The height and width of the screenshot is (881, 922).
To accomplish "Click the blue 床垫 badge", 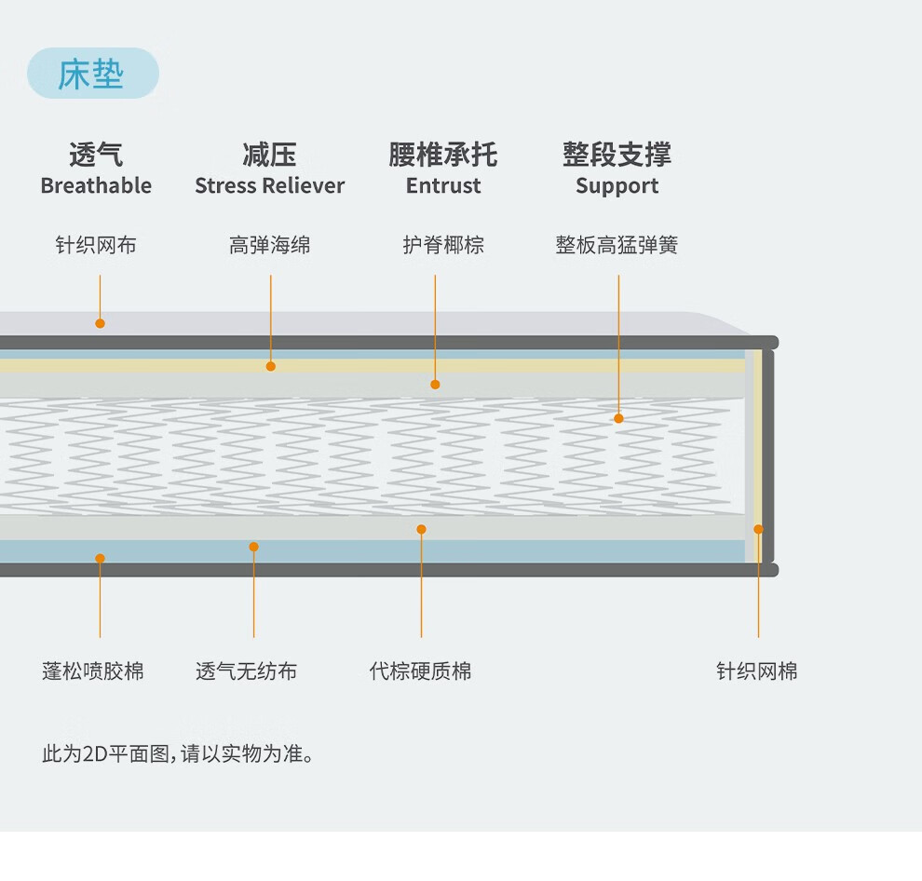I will (x=92, y=74).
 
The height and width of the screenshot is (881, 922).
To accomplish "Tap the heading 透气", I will (x=96, y=155).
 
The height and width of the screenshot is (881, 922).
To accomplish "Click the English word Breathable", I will (x=96, y=185).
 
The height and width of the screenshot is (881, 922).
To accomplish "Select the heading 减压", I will (x=269, y=155).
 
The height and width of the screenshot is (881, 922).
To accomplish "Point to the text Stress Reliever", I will (x=269, y=185).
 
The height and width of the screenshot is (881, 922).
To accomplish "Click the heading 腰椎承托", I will (x=443, y=155).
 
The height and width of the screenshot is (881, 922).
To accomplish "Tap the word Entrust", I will (x=443, y=185).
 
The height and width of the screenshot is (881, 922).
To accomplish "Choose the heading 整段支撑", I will (x=617, y=155).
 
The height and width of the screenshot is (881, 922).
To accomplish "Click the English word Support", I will (x=617, y=185).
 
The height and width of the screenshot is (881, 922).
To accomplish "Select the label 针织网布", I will (x=96, y=245).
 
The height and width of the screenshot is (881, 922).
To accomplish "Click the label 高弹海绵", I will (x=269, y=245).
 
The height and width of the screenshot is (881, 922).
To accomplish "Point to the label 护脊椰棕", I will (x=443, y=245).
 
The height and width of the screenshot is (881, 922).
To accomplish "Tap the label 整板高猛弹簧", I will (x=617, y=245).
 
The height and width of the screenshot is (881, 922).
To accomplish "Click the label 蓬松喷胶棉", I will (x=93, y=671).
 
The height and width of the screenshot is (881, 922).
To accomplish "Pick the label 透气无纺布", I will (x=247, y=671).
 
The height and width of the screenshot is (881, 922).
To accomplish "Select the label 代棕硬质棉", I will (x=420, y=671).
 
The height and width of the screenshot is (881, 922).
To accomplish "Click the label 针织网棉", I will (x=757, y=671).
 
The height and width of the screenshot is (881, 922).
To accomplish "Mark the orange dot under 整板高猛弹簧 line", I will (x=618, y=419).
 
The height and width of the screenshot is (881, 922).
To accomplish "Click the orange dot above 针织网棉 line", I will (x=758, y=529).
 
